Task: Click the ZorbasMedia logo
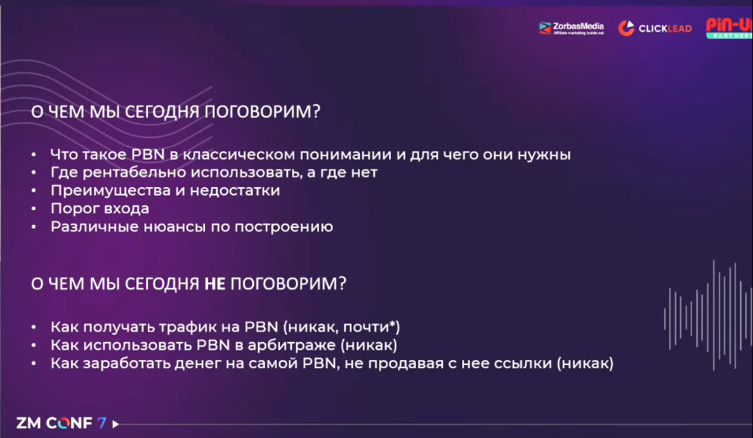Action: pyautogui.click(x=572, y=29)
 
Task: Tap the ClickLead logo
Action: pyautogui.click(x=655, y=29)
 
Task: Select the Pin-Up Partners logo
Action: pyautogui.click(x=729, y=28)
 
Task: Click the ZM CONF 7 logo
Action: pyautogui.click(x=61, y=423)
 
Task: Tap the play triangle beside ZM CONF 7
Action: pyautogui.click(x=115, y=423)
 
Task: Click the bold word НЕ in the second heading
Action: pyautogui.click(x=214, y=284)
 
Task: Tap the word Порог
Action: pyautogui.click(x=72, y=209)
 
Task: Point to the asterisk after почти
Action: pyautogui.click(x=392, y=324)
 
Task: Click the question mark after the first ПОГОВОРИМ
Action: pyautogui.click(x=316, y=112)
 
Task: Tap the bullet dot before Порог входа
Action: pyautogui.click(x=34, y=209)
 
